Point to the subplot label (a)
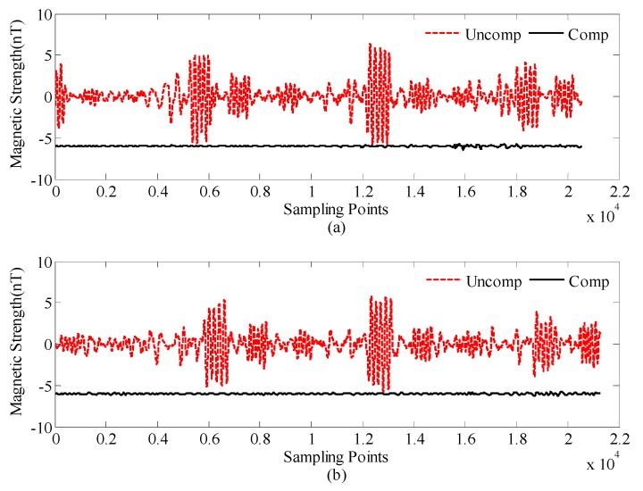coord(336,228)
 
